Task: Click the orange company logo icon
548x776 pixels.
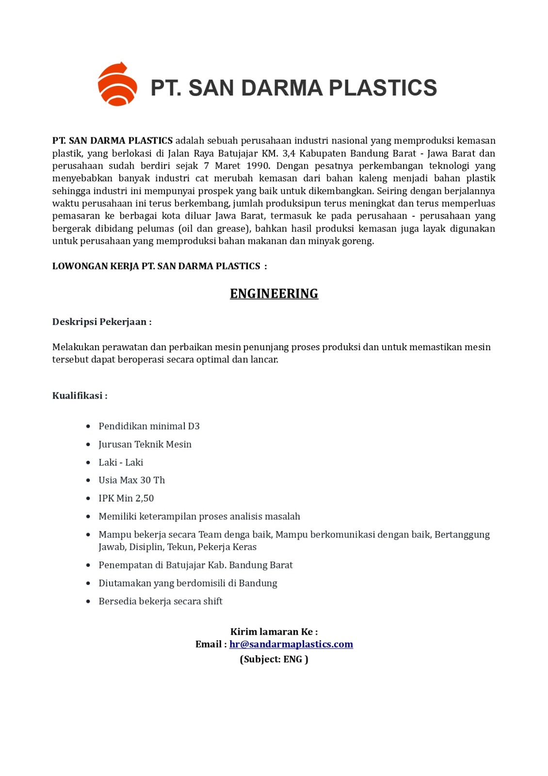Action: tap(117, 84)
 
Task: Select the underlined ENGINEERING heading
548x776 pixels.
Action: tap(274, 294)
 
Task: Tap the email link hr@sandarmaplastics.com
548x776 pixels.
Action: tap(291, 644)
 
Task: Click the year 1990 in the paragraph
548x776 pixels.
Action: tap(258, 166)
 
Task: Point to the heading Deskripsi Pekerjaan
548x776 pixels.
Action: tap(102, 322)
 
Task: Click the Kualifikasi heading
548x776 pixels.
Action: tap(80, 396)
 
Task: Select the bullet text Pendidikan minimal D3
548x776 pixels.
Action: tap(149, 426)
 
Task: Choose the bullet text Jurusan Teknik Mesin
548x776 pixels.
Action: tap(145, 444)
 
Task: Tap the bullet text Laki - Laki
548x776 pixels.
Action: tap(121, 463)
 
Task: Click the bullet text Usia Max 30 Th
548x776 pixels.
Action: tap(131, 480)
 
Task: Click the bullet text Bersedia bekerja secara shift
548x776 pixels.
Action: tap(161, 601)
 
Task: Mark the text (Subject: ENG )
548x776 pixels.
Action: tap(274, 659)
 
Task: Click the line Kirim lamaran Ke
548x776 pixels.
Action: tap(274, 631)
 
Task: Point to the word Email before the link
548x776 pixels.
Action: tap(209, 644)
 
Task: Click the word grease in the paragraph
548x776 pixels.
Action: tap(231, 228)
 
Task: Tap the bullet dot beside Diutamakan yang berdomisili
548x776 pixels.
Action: tap(88, 583)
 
